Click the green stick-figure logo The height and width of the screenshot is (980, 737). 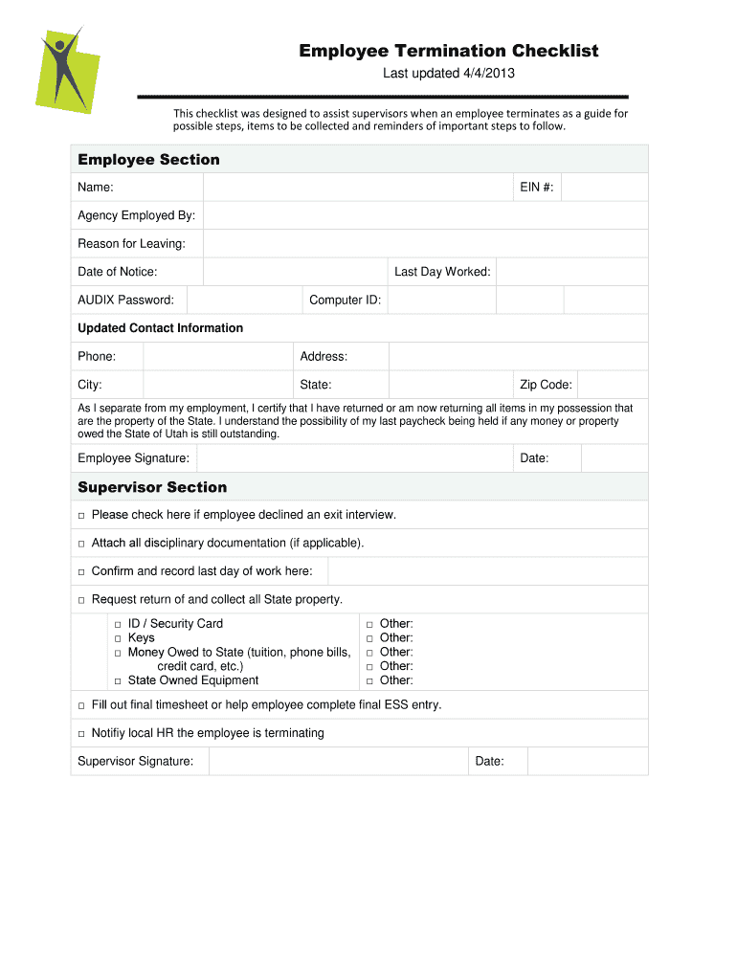68,71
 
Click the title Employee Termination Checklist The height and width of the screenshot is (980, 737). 448,51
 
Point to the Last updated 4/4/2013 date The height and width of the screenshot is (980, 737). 449,74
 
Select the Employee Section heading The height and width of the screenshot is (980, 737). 148,160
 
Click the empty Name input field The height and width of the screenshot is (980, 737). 357,188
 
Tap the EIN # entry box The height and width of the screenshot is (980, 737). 604,188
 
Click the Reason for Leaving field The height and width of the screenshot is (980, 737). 425,244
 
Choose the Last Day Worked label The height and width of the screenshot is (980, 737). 442,272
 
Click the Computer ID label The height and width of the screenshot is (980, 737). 345,301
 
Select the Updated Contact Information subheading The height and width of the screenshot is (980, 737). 160,328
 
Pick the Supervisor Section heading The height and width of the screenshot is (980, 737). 152,487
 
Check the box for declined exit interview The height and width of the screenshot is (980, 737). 81,516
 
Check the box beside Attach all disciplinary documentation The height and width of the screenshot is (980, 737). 81,544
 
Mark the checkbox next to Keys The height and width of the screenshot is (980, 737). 118,638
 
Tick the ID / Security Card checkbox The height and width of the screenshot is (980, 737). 118,624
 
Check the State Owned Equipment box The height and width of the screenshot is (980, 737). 118,681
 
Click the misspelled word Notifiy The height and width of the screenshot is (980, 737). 110,733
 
